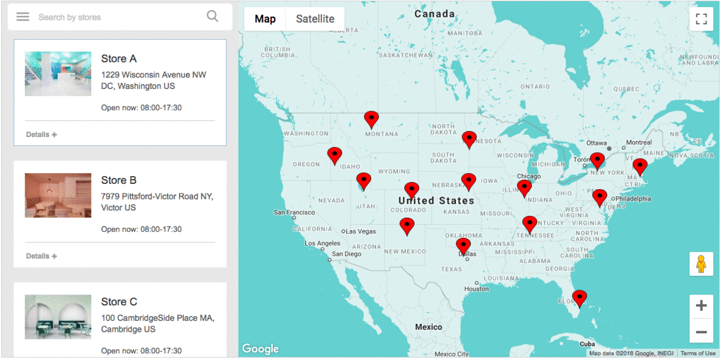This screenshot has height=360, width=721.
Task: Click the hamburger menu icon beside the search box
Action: (23, 17)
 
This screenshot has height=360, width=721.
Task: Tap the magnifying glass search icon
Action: (212, 16)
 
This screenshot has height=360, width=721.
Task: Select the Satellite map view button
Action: (315, 19)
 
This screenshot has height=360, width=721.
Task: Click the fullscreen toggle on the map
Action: (701, 19)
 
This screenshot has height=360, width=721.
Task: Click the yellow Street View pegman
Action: (701, 264)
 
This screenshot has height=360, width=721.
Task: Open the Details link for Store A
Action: (41, 135)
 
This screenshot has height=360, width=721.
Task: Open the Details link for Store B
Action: (41, 256)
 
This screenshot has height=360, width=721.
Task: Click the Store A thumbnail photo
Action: (58, 74)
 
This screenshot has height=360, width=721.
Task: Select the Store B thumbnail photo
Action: (58, 195)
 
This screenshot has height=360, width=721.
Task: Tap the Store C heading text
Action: (119, 302)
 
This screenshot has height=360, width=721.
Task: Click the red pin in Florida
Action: (579, 297)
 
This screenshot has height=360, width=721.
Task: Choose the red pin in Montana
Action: (372, 118)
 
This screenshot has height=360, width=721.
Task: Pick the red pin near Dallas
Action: (463, 245)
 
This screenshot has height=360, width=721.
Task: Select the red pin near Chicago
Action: (525, 188)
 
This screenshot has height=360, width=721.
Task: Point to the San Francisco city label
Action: (294, 212)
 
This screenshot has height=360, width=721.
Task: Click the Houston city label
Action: (476, 289)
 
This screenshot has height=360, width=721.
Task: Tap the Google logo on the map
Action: (261, 349)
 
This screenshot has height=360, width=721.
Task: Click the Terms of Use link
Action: (698, 353)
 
